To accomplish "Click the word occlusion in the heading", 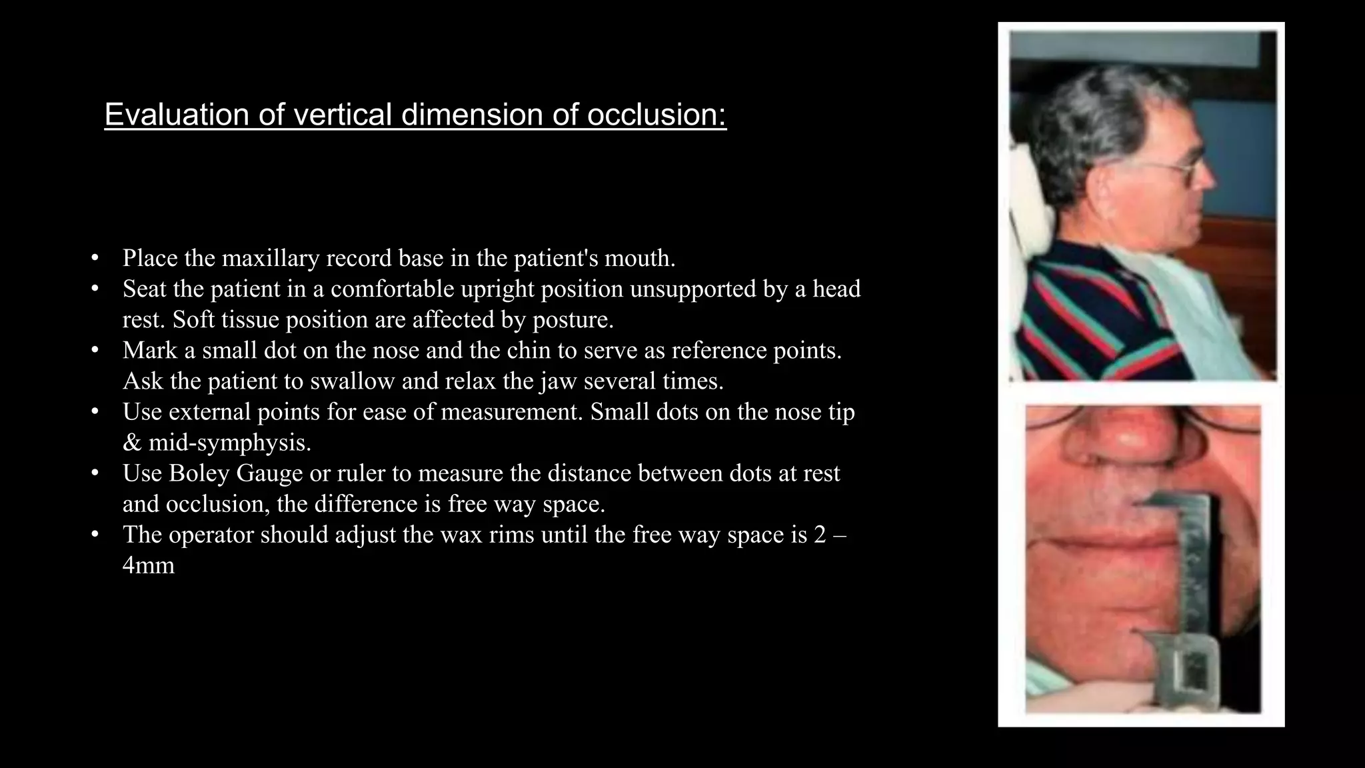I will point(657,115).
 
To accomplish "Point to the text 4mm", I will point(149,565).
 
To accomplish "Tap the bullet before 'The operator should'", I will point(95,534).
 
